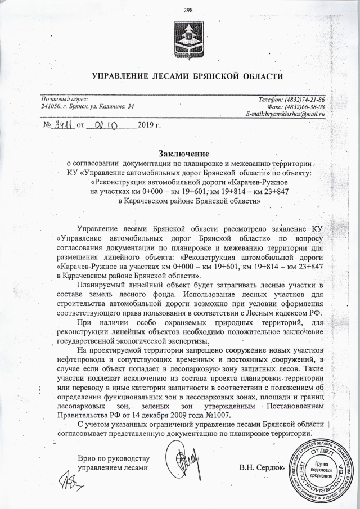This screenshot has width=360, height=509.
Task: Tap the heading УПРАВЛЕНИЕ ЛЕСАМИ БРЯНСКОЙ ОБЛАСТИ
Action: pos(187,76)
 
